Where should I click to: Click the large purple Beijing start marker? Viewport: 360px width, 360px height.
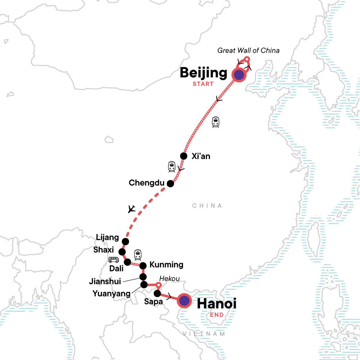click(x=239, y=75)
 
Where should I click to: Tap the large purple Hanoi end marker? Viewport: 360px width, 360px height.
click(x=184, y=301)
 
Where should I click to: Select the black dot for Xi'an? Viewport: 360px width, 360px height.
click(x=184, y=156)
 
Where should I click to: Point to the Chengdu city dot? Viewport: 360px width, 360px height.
click(x=170, y=183)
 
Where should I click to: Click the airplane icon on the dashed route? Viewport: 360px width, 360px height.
click(x=131, y=208)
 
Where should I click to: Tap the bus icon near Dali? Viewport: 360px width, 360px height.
click(x=114, y=260)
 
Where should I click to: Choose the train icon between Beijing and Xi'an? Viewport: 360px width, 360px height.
click(x=215, y=122)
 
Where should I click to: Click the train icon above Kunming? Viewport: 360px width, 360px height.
click(x=138, y=255)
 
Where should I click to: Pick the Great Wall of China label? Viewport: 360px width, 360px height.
click(x=248, y=50)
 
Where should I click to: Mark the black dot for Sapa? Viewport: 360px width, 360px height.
click(x=157, y=293)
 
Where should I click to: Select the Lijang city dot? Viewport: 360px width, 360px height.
click(x=125, y=241)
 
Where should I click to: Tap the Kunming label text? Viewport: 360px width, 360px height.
click(x=166, y=265)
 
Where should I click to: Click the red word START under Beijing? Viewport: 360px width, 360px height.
click(x=203, y=84)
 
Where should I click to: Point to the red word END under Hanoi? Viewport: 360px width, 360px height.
click(x=217, y=315)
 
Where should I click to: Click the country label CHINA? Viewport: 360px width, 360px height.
click(x=207, y=206)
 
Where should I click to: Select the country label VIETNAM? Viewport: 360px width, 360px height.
click(x=204, y=334)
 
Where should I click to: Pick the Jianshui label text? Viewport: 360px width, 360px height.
click(x=105, y=281)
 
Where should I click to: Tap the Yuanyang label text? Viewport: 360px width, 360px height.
click(x=111, y=293)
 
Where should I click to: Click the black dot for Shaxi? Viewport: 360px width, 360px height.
click(x=122, y=252)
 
